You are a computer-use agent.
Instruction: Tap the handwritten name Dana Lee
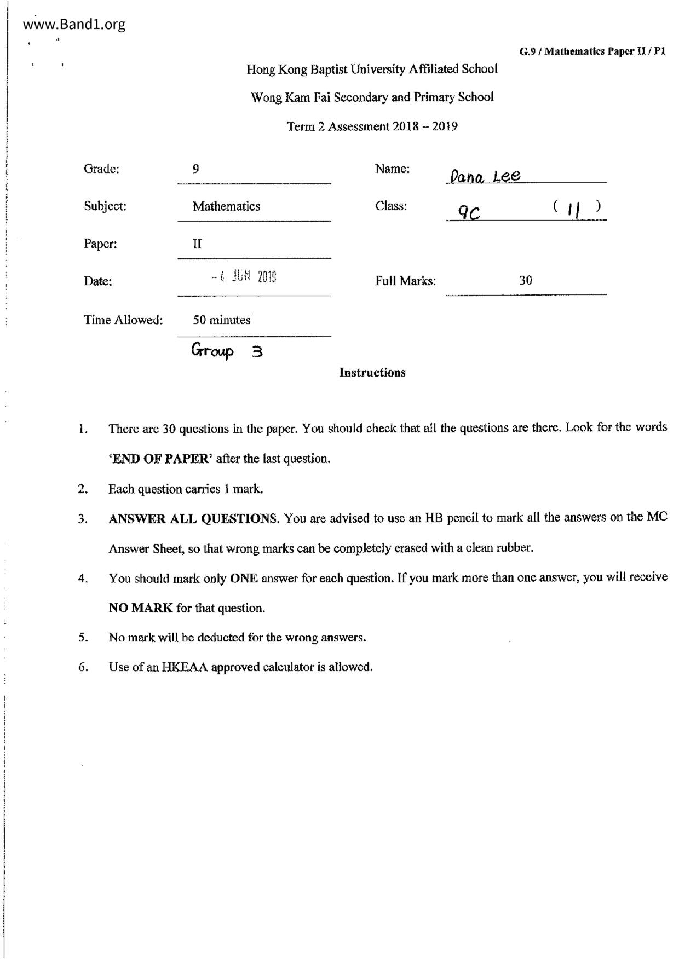pos(484,176)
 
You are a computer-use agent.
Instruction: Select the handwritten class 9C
pos(469,213)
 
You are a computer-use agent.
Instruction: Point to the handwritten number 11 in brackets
pos(574,209)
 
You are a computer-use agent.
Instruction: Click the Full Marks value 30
pos(525,281)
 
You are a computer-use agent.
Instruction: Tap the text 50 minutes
pos(222,320)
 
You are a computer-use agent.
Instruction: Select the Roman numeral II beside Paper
pos(197,244)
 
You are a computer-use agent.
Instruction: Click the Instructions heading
pos(372,373)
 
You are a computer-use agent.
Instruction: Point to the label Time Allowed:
pos(123,320)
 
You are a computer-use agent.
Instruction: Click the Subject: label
pos(105,206)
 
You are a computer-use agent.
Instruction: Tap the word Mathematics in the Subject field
pos(226,206)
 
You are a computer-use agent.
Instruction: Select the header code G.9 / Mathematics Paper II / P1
pos(592,51)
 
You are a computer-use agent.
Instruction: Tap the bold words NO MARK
pos(141,608)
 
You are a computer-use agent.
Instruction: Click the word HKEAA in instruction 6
pos(185,667)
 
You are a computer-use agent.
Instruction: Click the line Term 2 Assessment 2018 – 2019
pos(372,126)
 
